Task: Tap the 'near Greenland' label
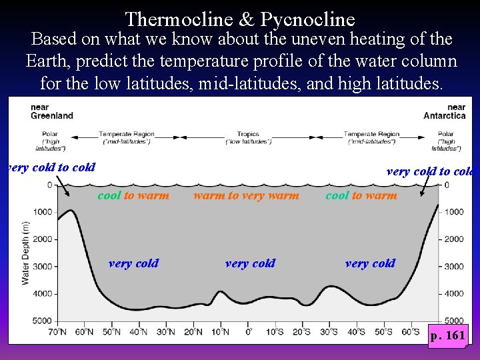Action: coord(52,111)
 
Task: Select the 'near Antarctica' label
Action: coord(445,111)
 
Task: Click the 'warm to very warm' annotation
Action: coord(246,195)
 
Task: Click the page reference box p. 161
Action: coord(447,335)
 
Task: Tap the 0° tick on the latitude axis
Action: coord(248,331)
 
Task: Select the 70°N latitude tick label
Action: coord(57,331)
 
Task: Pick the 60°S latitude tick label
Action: coord(412,331)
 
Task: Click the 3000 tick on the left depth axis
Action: coord(43,267)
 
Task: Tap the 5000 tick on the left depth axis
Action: coord(43,321)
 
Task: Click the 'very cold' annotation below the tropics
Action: coord(250,263)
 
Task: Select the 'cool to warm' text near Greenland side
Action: coord(133,195)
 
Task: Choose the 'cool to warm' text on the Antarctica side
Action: coord(361,195)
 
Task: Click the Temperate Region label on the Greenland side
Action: coord(127,137)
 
